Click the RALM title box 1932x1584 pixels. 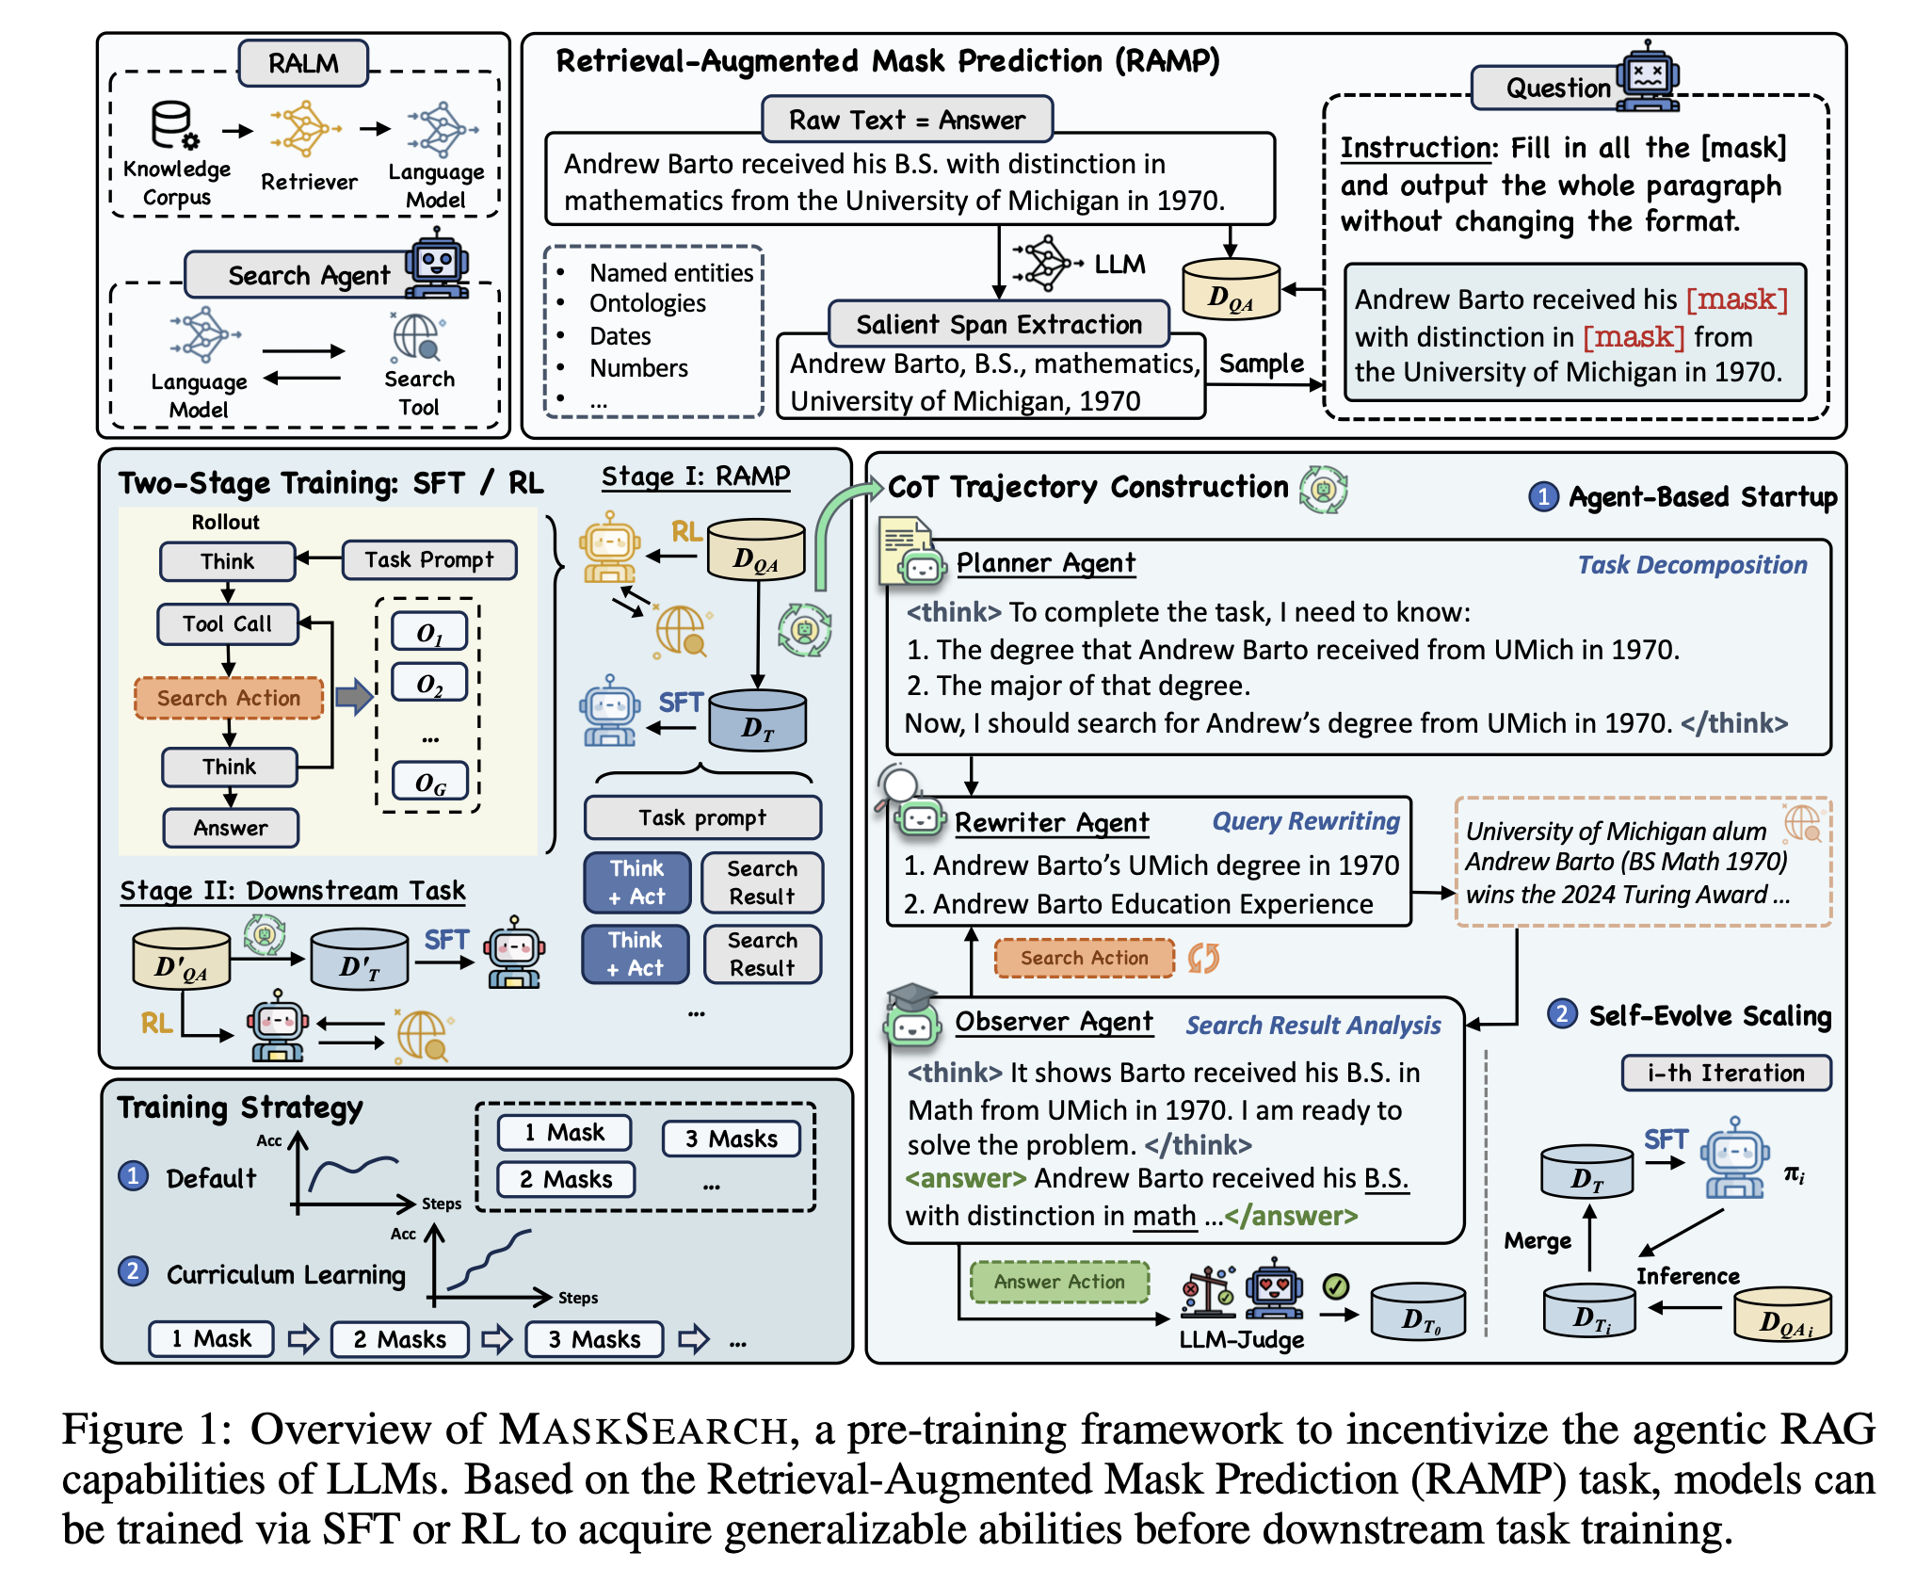(303, 63)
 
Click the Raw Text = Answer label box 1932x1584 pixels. (907, 120)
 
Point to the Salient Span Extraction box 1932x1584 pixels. (999, 324)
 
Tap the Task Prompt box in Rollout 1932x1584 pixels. (429, 559)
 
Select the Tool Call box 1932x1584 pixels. (228, 623)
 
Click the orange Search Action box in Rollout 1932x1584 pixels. (229, 698)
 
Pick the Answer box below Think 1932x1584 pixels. (231, 828)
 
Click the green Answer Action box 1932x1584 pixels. (1059, 1282)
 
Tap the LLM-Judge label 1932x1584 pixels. (1242, 1339)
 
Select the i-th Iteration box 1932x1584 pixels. (1726, 1073)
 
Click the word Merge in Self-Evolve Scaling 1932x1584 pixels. (1538, 1241)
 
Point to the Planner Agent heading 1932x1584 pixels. (1046, 563)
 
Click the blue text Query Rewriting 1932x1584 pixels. (1306, 821)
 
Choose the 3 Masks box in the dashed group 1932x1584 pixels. (732, 1139)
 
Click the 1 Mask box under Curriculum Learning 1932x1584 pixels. (211, 1338)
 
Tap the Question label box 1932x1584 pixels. (1558, 88)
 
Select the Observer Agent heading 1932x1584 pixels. (1054, 1022)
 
